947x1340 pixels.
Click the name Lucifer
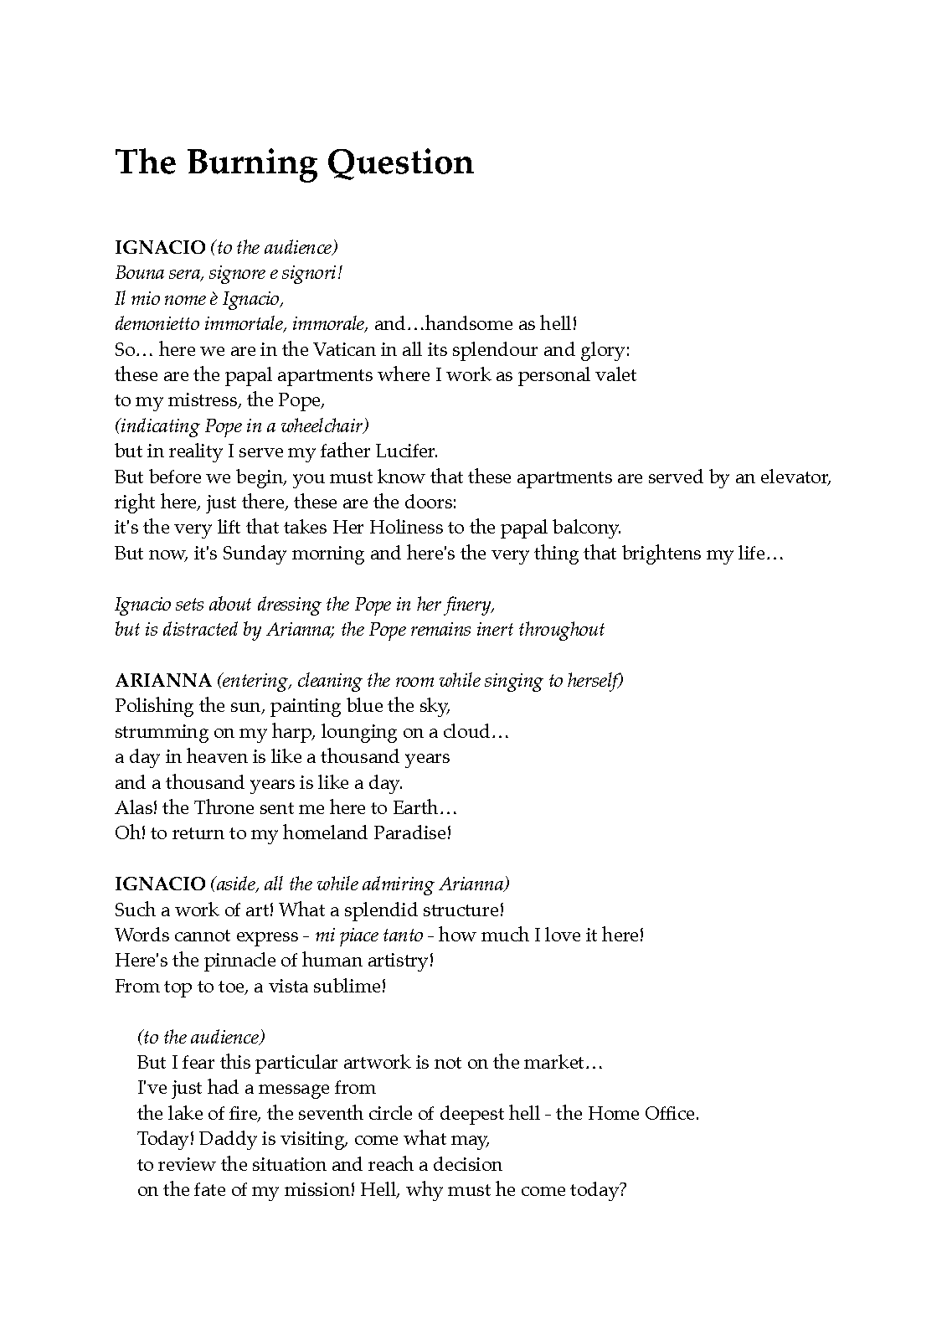[x=405, y=451]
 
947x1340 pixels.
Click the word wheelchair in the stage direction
[x=322, y=425]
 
